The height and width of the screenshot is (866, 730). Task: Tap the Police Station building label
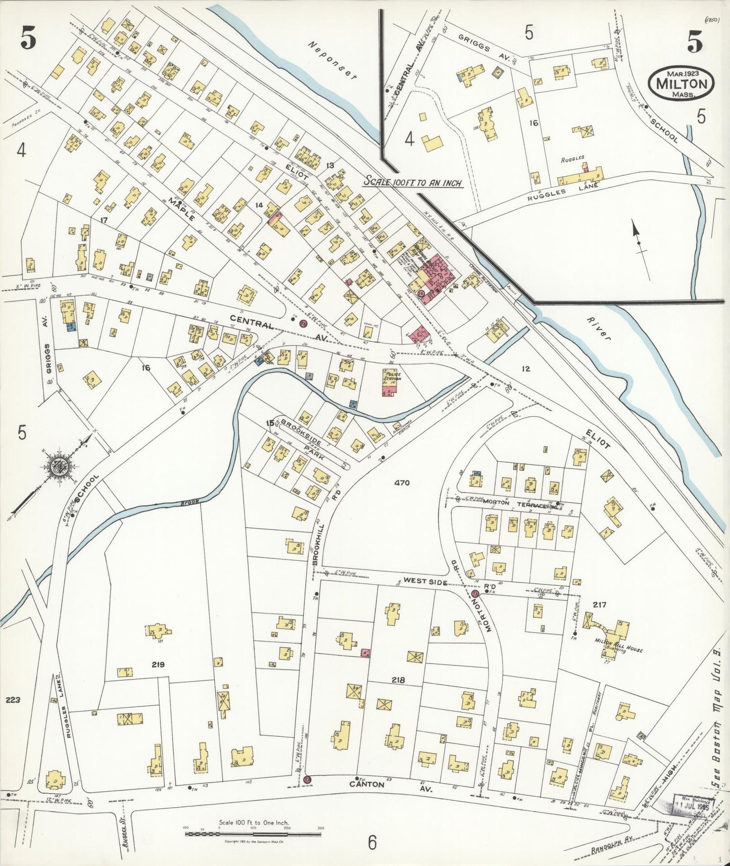point(392,376)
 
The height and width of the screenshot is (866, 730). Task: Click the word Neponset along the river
point(333,61)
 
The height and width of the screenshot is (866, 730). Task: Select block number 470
point(403,483)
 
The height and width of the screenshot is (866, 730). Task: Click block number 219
point(158,665)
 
